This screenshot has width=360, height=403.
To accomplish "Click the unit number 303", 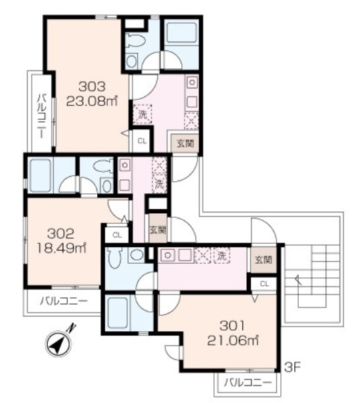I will click(92, 87).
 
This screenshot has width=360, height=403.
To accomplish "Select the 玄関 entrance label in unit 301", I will click(263, 259).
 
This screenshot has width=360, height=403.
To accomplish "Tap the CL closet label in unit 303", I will click(141, 141).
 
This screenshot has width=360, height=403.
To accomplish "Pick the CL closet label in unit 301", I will click(264, 284).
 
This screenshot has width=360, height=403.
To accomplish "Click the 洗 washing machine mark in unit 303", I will click(142, 114).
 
